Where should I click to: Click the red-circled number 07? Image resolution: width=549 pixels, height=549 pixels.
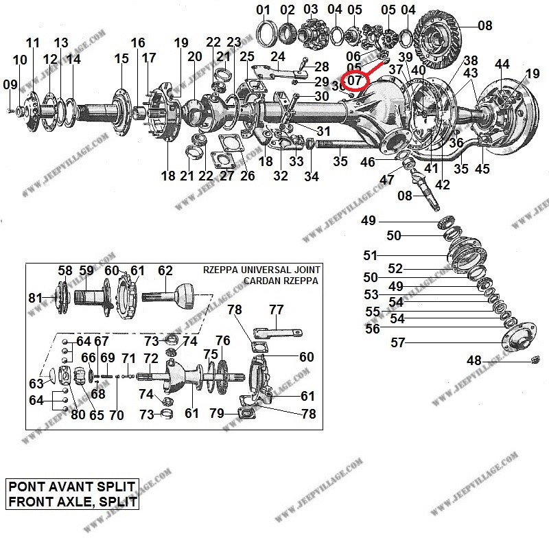(354, 81)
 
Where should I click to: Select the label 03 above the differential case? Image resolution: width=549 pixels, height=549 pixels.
(311, 10)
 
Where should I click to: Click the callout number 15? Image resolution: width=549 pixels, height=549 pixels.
(121, 59)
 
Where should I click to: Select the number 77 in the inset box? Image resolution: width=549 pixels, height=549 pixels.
(276, 310)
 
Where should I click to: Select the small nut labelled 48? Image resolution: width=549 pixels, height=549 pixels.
(537, 360)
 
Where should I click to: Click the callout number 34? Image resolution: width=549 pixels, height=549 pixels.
(312, 177)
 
